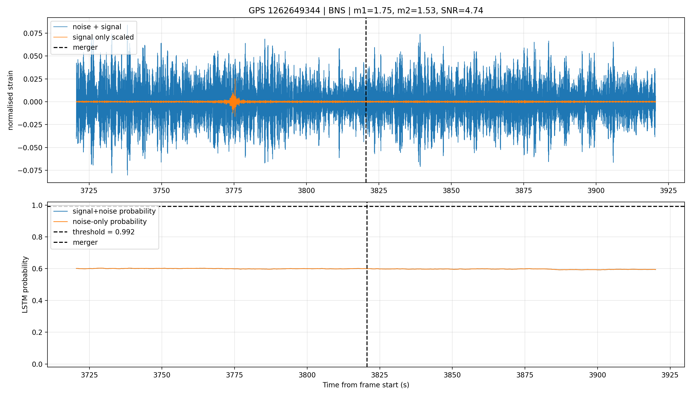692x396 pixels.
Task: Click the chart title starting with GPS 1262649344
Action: pyautogui.click(x=366, y=10)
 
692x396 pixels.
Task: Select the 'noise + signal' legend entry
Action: pyautogui.click(x=87, y=27)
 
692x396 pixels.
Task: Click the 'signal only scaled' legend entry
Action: pyautogui.click(x=93, y=37)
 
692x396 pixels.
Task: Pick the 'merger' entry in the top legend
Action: pyautogui.click(x=75, y=47)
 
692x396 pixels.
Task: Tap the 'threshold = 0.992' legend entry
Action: pyautogui.click(x=94, y=232)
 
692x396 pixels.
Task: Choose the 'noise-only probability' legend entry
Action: pyautogui.click(x=100, y=222)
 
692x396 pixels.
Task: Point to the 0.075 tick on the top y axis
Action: pyautogui.click(x=33, y=33)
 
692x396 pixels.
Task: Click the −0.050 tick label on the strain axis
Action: pyautogui.click(x=30, y=148)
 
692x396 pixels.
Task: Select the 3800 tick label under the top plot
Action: pyautogui.click(x=306, y=191)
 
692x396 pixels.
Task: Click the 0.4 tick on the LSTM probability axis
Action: pyautogui.click(x=38, y=300)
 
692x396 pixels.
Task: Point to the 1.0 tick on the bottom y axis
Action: pyautogui.click(x=38, y=205)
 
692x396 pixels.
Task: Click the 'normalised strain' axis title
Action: pyautogui.click(x=10, y=100)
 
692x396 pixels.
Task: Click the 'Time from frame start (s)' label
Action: pyautogui.click(x=366, y=385)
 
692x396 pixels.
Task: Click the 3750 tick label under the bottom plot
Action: pyautogui.click(x=162, y=375)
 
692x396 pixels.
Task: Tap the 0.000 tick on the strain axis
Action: pyautogui.click(x=33, y=102)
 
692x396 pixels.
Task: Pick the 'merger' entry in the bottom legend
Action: pyautogui.click(x=75, y=242)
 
